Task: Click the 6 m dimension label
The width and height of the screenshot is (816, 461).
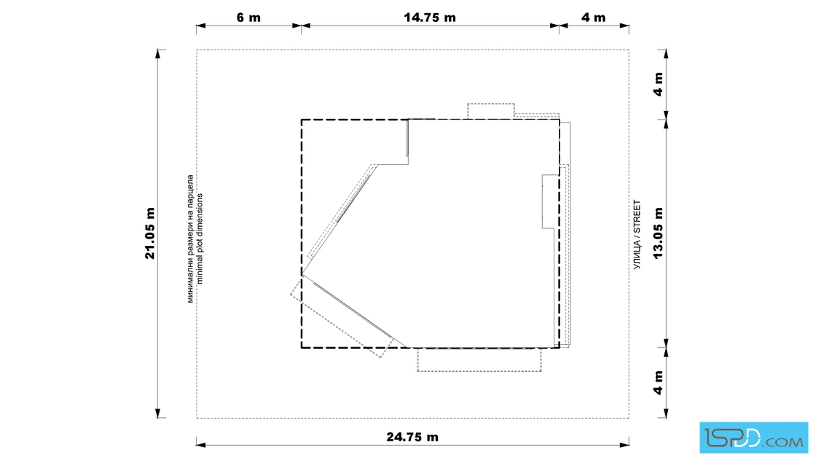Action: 248,18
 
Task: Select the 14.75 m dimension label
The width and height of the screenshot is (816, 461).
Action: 430,18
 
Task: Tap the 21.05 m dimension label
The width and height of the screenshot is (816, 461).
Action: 150,233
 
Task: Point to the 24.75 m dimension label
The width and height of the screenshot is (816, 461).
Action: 412,437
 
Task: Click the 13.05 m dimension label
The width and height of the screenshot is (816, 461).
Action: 659,233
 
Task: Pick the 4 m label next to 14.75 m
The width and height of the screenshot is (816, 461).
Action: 593,18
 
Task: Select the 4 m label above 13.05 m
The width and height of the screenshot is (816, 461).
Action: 659,85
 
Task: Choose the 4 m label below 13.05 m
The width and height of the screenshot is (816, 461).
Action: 659,383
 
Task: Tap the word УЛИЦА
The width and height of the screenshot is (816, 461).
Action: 637,255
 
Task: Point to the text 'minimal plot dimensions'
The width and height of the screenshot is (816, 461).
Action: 200,239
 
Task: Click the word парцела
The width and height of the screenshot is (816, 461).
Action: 190,186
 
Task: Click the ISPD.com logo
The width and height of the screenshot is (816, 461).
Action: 753,438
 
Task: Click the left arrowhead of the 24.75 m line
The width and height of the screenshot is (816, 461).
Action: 201,446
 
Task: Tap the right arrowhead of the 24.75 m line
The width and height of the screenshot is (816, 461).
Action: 624,446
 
